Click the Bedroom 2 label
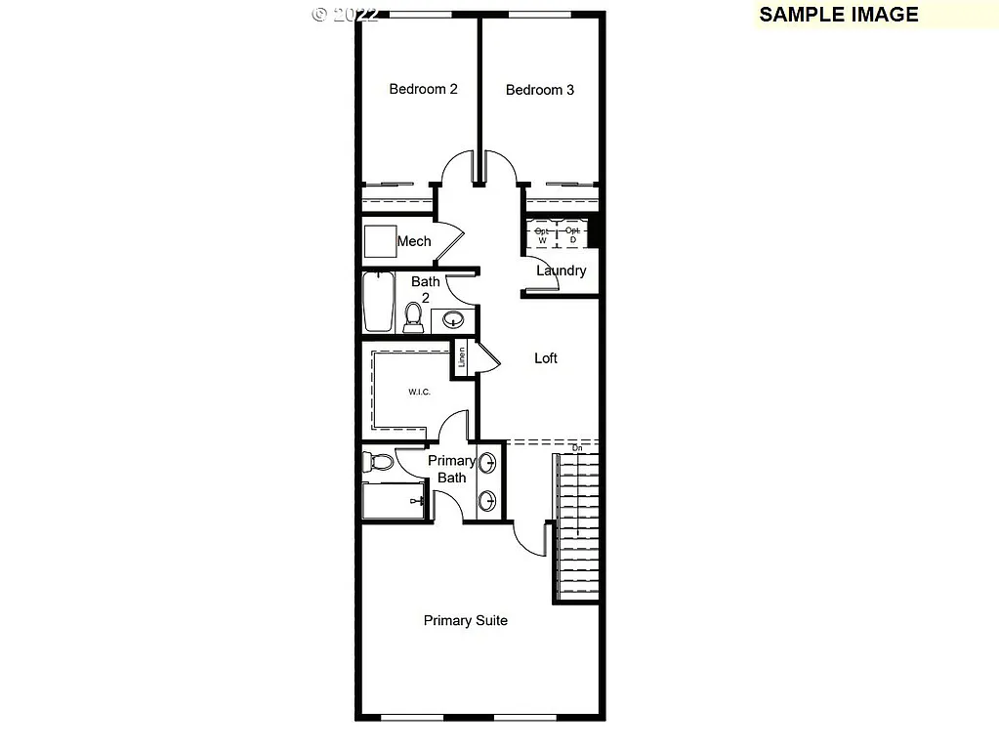point(423,89)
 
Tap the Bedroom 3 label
point(539,90)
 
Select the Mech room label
point(414,241)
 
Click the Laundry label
point(561,271)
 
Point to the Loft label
point(546,358)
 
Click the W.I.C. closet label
point(419,393)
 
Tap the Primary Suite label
point(465,620)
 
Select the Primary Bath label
point(451,469)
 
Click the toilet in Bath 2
point(413,316)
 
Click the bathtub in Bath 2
point(378,302)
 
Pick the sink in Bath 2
point(453,319)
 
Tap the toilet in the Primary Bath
point(378,461)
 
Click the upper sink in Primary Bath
point(486,463)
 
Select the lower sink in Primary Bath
point(486,502)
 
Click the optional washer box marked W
point(542,234)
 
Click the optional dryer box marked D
point(572,234)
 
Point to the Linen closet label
point(462,358)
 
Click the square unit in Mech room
point(378,241)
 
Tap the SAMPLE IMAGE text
point(838,14)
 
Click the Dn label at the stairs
point(576,447)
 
